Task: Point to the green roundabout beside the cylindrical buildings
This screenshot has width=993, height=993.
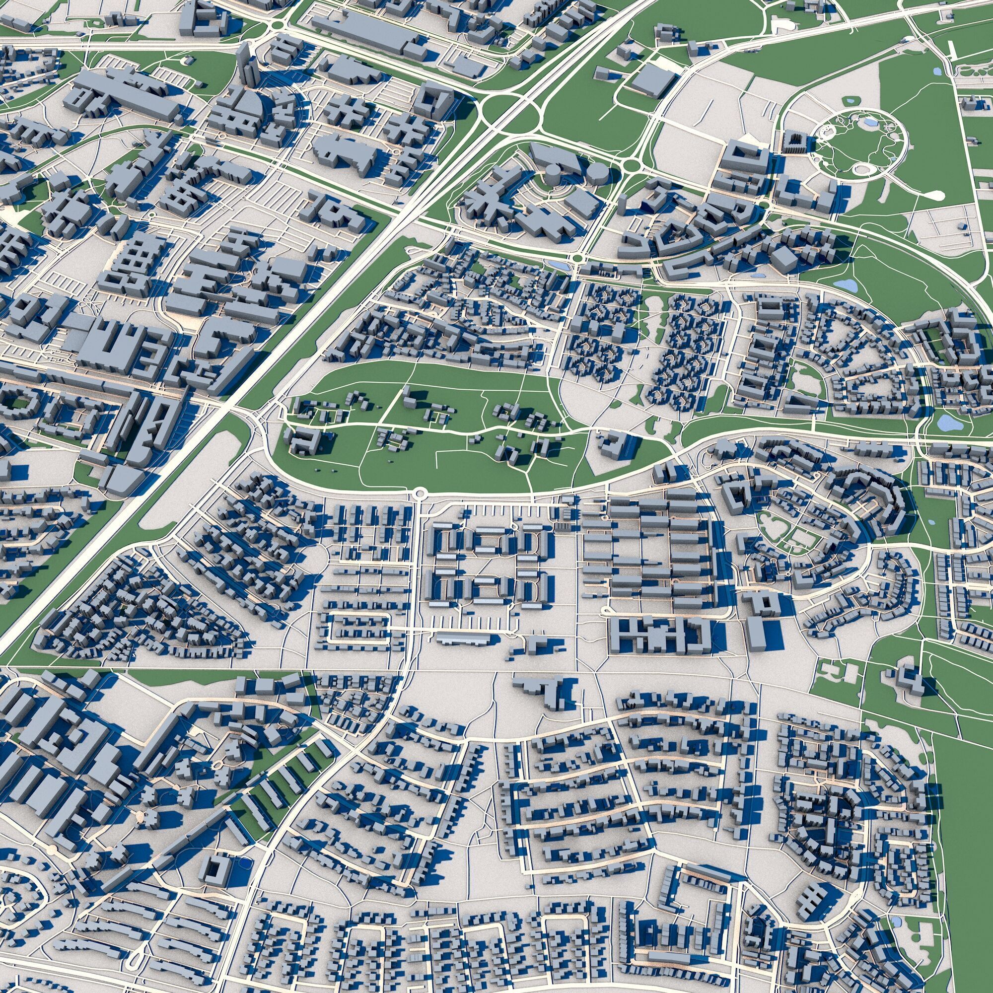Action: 630,165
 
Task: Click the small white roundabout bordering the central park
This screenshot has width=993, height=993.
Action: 420,494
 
